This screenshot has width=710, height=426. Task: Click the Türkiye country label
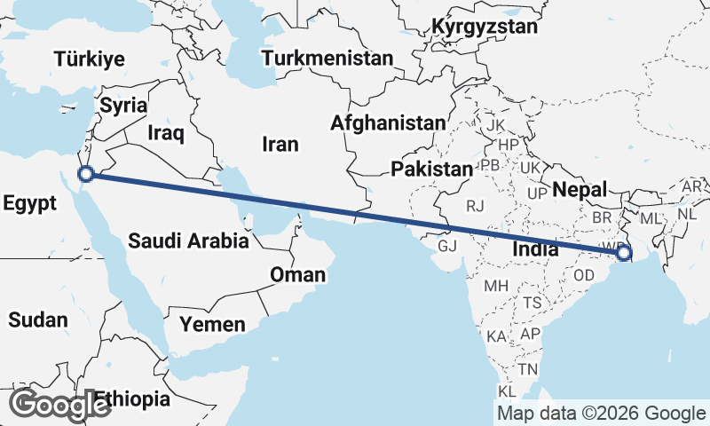(89, 59)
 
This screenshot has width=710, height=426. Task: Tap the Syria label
(122, 106)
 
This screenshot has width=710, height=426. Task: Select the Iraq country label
(166, 133)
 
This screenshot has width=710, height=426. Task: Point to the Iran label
(280, 144)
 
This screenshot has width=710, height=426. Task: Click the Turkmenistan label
(327, 59)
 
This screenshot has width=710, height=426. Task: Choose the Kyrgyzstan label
(485, 27)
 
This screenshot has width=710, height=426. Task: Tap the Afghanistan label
(388, 123)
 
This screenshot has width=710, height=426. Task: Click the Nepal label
(579, 189)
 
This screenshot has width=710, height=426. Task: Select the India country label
(535, 249)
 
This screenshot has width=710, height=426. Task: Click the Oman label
(298, 275)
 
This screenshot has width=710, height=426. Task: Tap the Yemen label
(212, 325)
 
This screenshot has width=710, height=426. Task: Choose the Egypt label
(29, 202)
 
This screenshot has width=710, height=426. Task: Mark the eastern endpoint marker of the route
(624, 253)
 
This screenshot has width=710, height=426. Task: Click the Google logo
(59, 404)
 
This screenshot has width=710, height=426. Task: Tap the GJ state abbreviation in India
(446, 246)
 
